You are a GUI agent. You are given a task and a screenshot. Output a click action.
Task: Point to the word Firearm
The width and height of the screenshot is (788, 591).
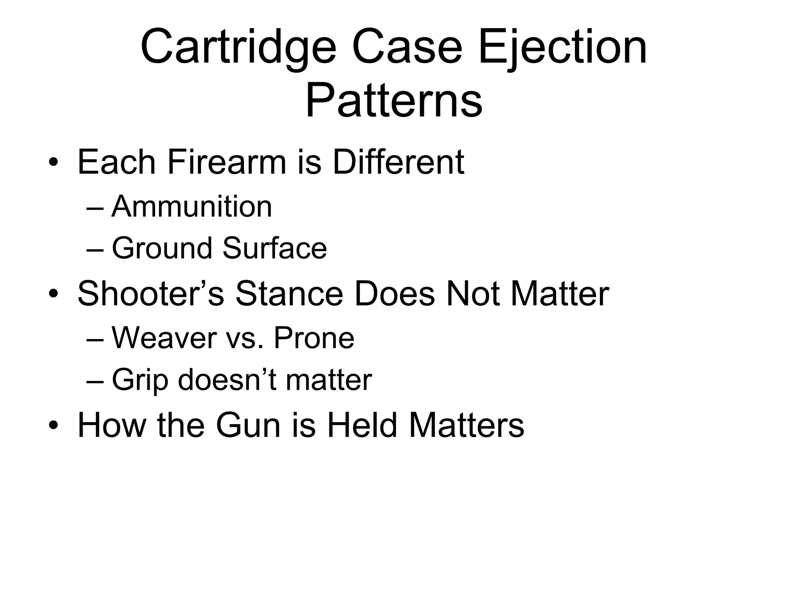(227, 162)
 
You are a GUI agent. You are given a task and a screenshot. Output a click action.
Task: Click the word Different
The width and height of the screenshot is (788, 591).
(398, 162)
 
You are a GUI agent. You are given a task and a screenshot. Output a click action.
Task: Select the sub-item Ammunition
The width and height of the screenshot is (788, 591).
(192, 207)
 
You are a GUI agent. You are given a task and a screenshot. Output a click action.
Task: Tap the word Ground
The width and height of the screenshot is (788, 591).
(162, 248)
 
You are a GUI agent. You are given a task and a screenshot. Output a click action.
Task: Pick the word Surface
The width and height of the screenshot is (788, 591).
(274, 248)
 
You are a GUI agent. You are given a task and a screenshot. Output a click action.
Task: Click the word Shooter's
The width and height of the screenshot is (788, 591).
(150, 294)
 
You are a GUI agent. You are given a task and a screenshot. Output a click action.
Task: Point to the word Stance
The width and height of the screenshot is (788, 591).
(289, 294)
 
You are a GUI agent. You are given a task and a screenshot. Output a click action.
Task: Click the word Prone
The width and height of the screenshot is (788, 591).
(314, 338)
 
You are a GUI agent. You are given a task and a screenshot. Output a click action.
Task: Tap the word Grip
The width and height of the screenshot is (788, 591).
(140, 380)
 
